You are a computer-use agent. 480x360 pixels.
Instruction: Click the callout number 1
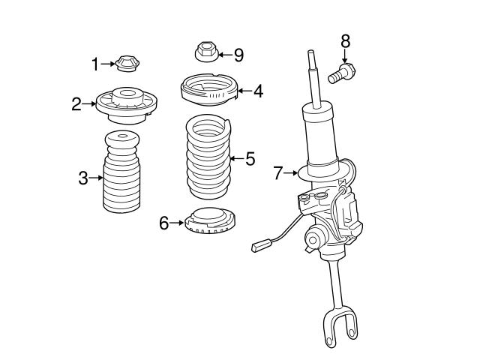[x=95, y=64]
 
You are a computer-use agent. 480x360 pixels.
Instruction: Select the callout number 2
[x=76, y=104]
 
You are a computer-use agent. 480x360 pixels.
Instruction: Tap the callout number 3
[x=83, y=178]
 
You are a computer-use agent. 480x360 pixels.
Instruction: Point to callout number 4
[x=258, y=91]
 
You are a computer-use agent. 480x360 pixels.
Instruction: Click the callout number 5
[x=250, y=159]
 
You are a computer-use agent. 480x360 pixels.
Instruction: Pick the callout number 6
[x=164, y=222]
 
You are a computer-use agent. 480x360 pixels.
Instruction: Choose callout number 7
[x=278, y=174]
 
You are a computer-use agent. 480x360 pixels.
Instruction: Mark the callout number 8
[x=345, y=41]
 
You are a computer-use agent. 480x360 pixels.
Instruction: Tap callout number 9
[x=238, y=54]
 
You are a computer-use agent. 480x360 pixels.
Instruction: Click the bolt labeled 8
[x=341, y=73]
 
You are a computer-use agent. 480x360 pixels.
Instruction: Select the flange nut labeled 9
[x=205, y=52]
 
